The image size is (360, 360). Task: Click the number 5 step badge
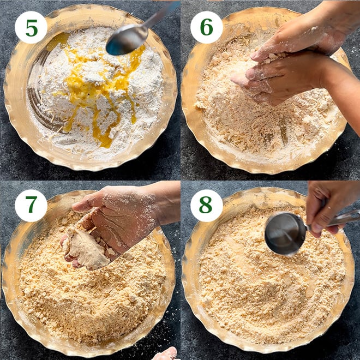[x=31, y=28]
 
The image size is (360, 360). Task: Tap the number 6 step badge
[x=206, y=27]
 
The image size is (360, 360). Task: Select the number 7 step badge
[x=31, y=206]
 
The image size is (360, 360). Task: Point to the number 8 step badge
[x=206, y=206]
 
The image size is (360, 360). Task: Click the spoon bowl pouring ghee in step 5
[x=127, y=40]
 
